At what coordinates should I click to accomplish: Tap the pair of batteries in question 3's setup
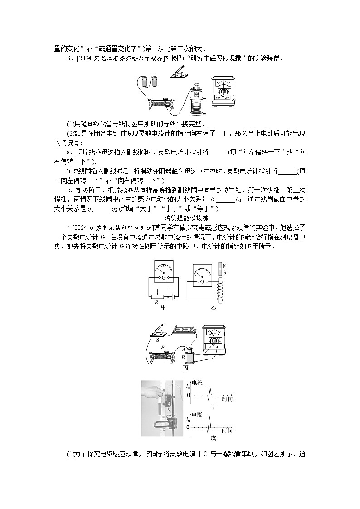click(149, 82)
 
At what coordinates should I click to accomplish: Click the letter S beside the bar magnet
click(225, 272)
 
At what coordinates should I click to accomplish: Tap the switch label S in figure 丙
click(157, 339)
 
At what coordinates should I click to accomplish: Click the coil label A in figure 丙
click(184, 349)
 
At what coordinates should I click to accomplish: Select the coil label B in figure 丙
click(183, 357)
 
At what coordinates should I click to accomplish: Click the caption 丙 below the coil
click(185, 368)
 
